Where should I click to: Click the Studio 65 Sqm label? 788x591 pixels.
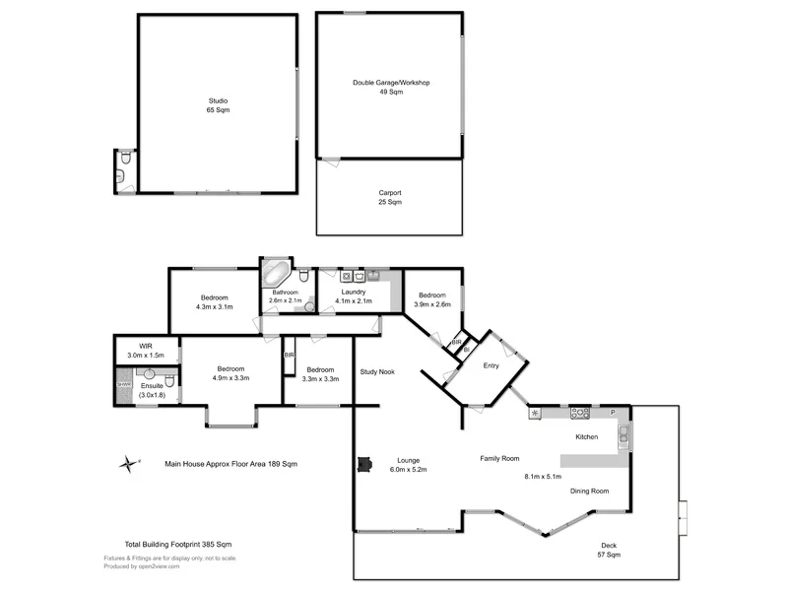click(x=218, y=105)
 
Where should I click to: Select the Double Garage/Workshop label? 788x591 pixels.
click(x=391, y=87)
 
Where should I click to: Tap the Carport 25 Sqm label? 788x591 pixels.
click(x=390, y=197)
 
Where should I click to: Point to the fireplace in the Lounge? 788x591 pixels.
click(x=364, y=464)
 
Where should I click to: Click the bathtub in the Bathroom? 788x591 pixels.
click(x=275, y=273)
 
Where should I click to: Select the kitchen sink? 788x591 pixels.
click(x=623, y=437)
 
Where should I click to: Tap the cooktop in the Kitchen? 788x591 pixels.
click(x=579, y=413)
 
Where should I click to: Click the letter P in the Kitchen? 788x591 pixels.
click(x=613, y=413)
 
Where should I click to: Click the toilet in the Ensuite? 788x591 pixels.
click(x=168, y=380)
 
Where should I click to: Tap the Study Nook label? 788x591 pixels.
click(x=377, y=372)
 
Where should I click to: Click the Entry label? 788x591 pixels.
click(x=491, y=365)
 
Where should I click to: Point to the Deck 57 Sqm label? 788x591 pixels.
click(x=611, y=551)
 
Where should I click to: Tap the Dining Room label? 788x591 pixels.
click(x=589, y=491)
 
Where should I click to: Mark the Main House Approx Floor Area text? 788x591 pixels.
click(x=230, y=463)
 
